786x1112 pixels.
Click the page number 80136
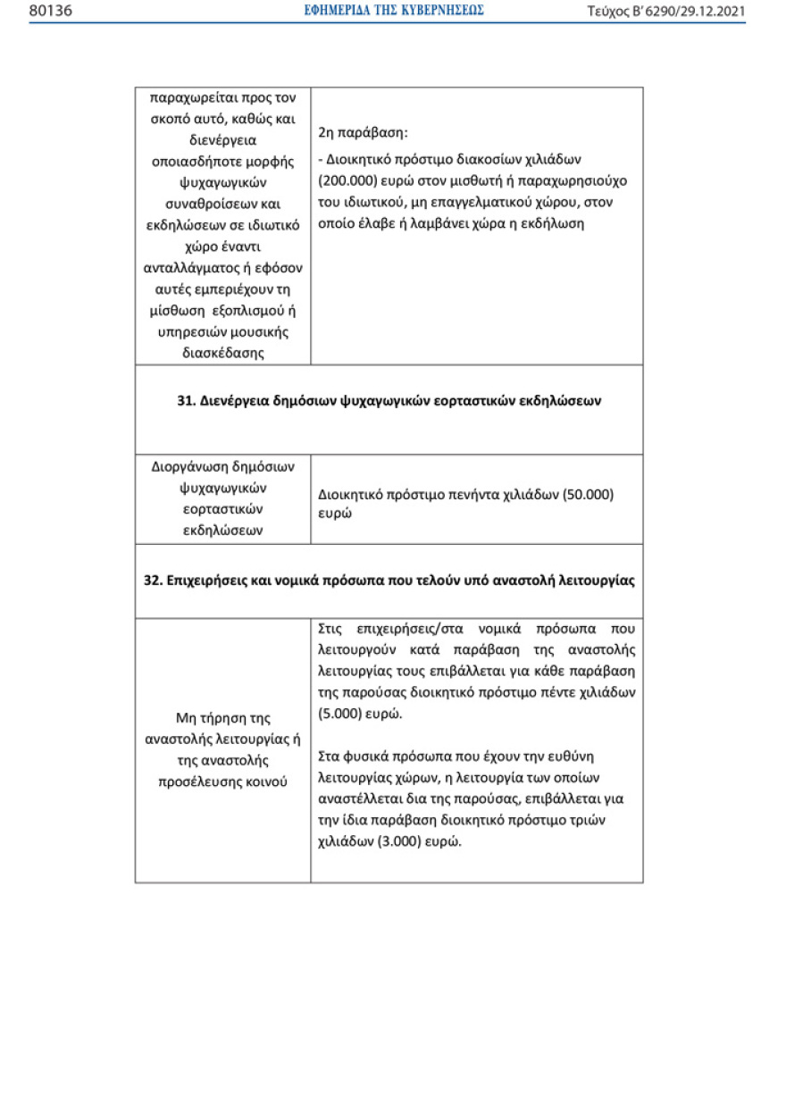click(50, 11)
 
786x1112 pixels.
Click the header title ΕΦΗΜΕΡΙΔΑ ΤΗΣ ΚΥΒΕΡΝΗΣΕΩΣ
click(394, 11)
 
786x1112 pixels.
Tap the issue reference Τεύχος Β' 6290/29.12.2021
click(665, 11)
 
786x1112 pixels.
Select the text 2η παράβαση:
click(363, 132)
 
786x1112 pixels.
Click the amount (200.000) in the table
click(348, 180)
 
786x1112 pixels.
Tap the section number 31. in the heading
click(187, 401)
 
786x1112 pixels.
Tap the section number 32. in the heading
click(153, 581)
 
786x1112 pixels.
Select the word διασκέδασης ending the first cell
click(222, 352)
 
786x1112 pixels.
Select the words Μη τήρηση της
click(222, 718)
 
